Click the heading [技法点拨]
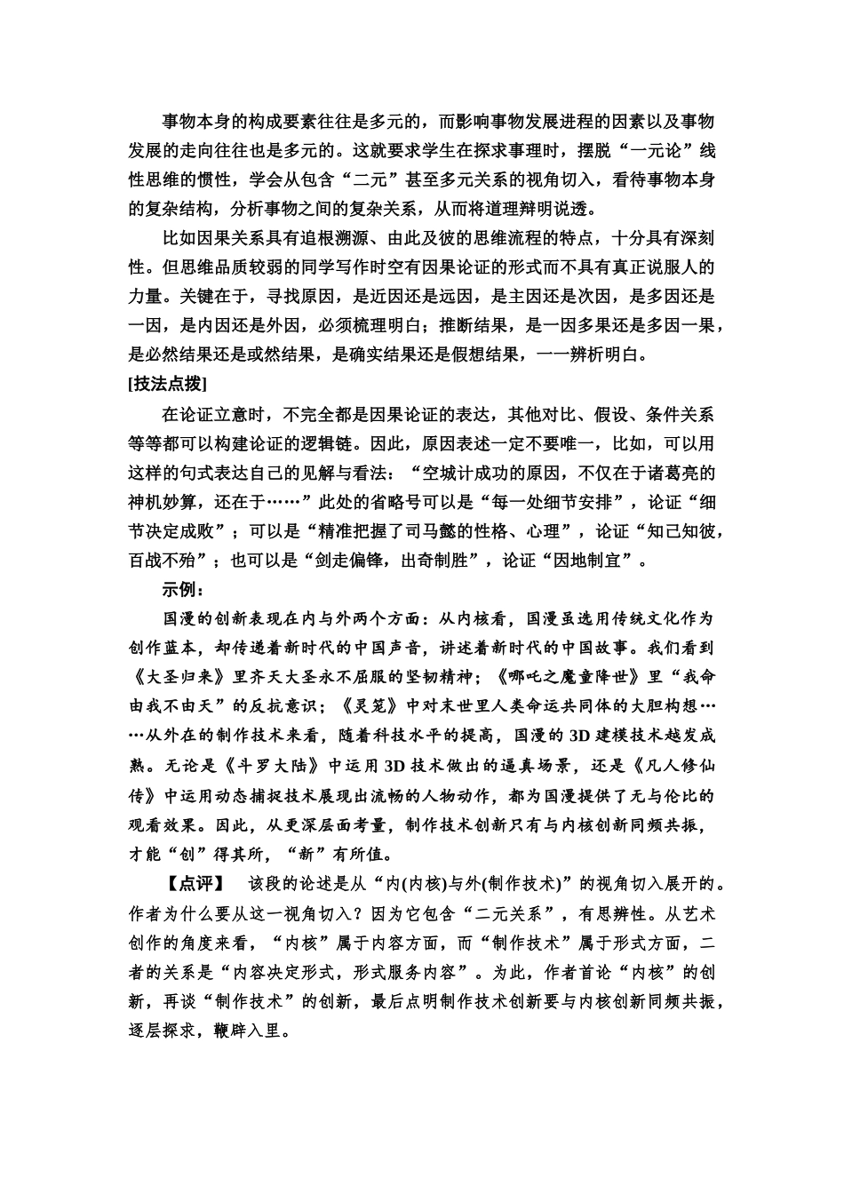[x=168, y=384]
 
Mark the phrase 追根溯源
[x=341, y=237]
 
